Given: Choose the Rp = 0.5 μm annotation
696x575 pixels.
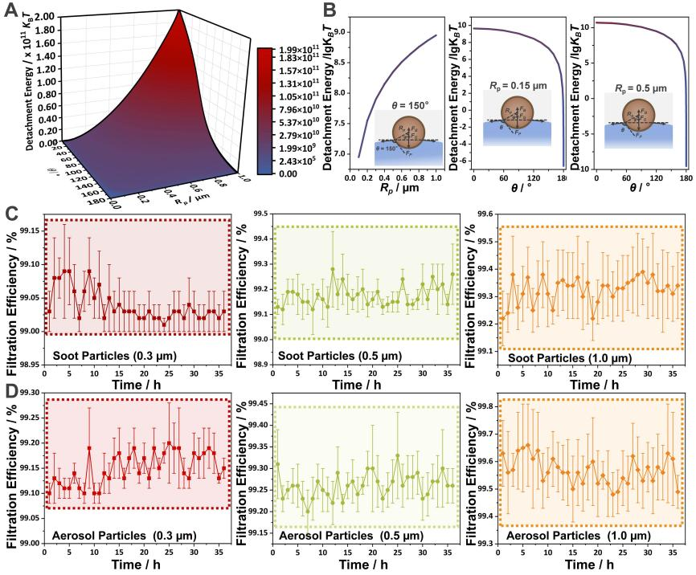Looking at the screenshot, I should click(x=633, y=88).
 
